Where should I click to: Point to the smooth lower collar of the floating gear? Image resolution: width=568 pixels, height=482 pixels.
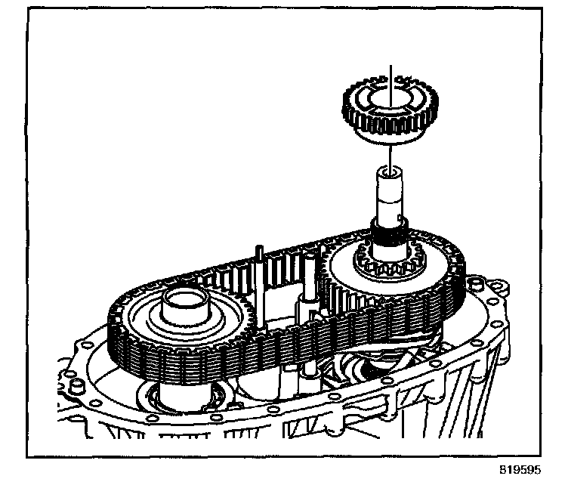387,136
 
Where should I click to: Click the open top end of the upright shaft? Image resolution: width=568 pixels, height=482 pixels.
390,175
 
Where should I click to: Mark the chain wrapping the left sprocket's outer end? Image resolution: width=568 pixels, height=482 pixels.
121,332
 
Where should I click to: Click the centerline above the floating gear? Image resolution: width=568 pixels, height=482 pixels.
390,76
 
